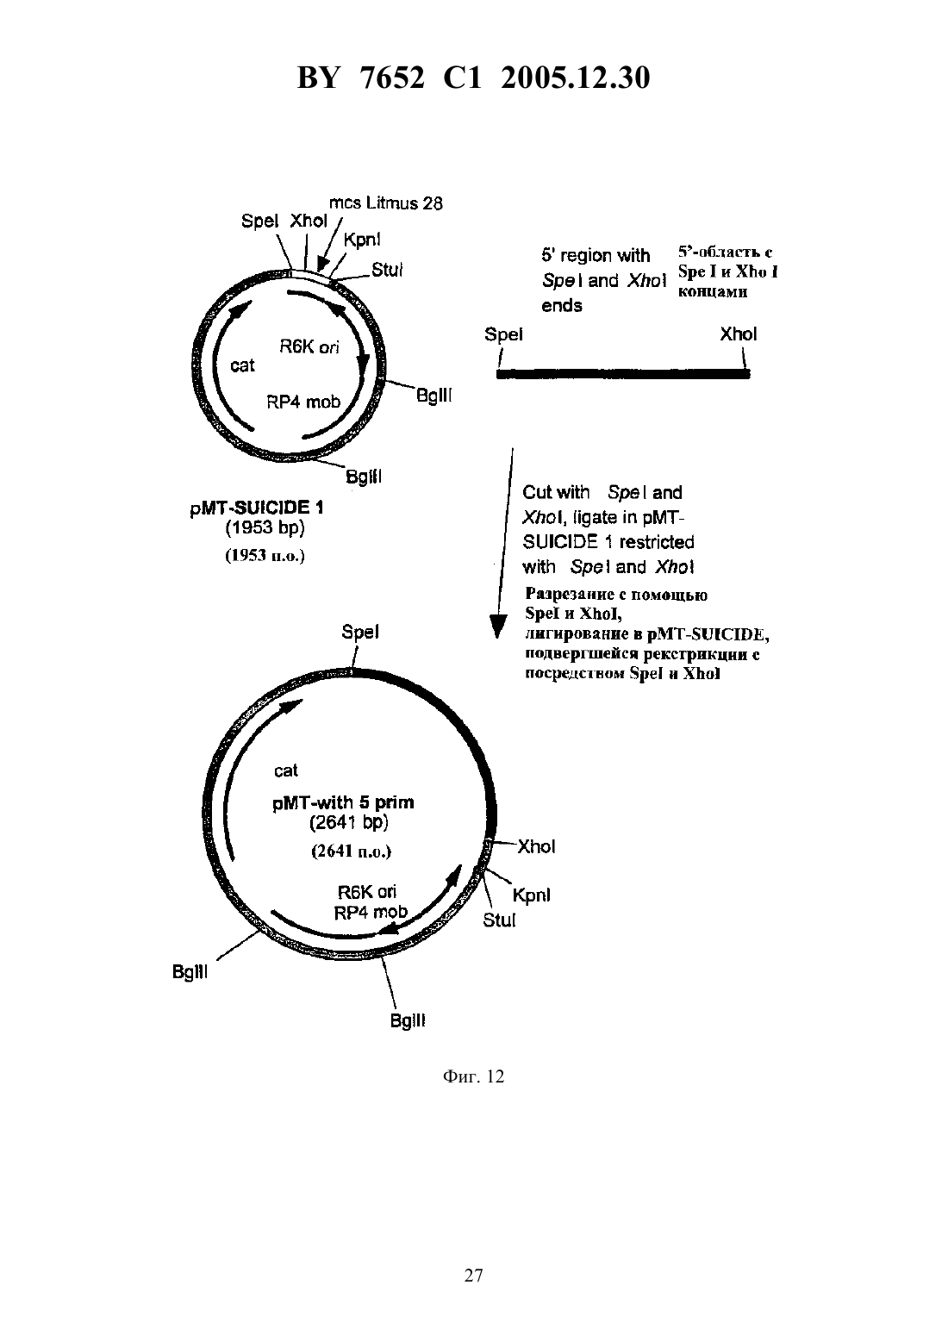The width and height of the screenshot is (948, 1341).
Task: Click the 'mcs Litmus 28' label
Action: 386,203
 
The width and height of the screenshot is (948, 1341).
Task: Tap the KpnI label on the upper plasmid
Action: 362,240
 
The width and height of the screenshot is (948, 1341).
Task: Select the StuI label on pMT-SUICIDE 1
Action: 387,270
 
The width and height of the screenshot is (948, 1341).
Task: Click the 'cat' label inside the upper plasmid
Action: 242,365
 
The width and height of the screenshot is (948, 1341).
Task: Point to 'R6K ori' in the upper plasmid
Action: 309,346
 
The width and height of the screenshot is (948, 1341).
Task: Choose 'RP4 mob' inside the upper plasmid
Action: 303,401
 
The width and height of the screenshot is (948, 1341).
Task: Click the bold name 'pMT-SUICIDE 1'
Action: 257,508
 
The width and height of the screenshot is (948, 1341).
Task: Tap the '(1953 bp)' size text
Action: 265,527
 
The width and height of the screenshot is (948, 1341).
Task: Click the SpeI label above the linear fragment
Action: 503,334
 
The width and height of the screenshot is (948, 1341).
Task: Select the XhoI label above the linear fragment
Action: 739,334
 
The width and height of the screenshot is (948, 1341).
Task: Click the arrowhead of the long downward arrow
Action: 496,627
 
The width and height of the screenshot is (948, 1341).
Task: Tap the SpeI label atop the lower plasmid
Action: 360,632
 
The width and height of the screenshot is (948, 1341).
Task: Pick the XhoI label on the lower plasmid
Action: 536,846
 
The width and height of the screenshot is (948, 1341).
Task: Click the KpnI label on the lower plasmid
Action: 532,895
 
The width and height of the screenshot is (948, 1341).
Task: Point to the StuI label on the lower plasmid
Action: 499,920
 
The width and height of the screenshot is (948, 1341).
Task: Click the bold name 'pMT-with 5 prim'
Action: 343,802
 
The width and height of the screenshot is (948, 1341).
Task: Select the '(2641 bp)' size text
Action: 349,822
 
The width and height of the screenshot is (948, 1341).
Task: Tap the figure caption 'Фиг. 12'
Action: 473,1076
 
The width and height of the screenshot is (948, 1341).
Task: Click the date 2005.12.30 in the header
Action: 575,78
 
